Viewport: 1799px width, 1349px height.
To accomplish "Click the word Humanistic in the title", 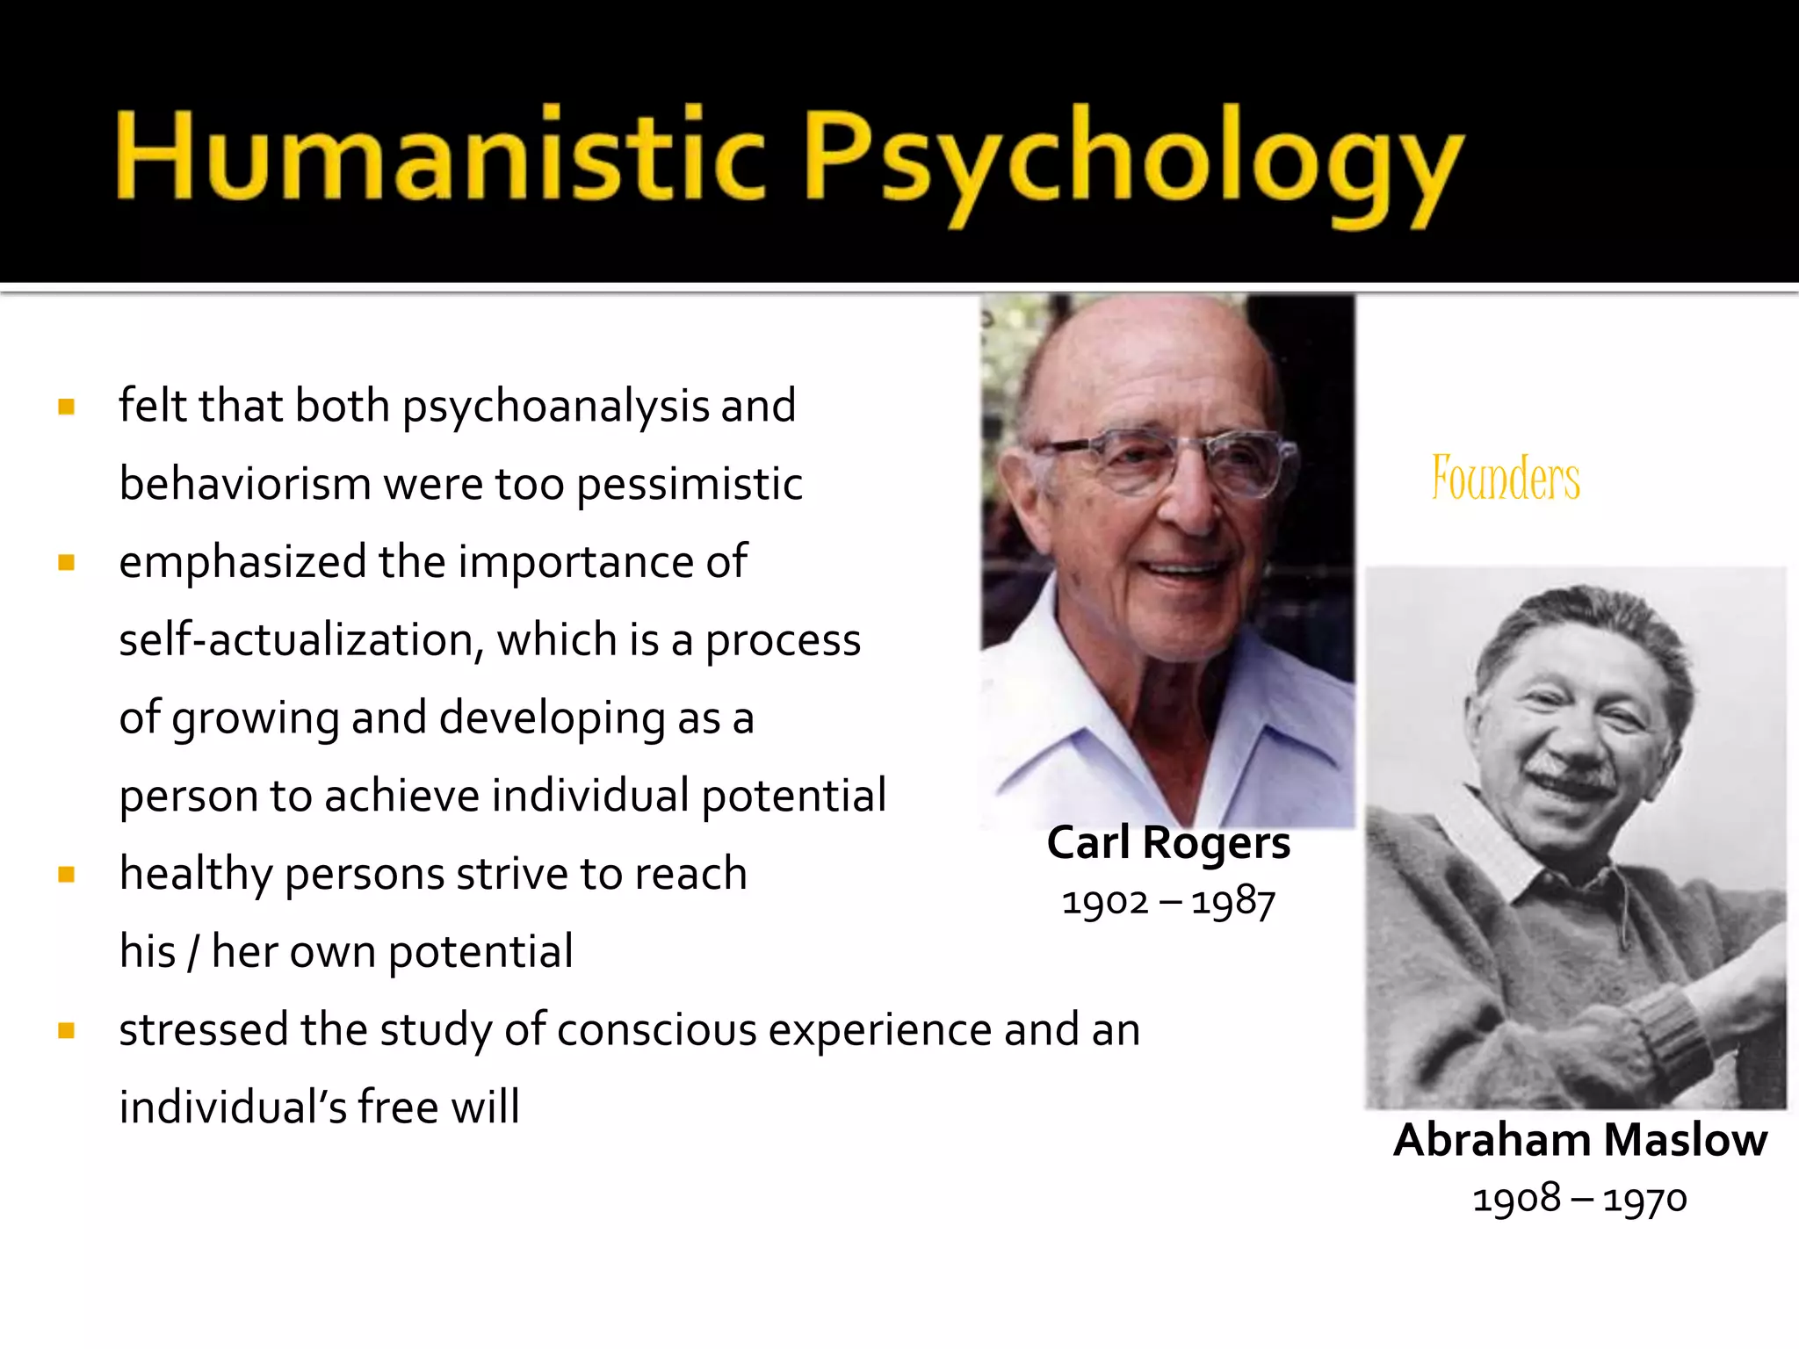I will pyautogui.click(x=439, y=155).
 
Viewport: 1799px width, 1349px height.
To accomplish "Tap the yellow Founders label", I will pyautogui.click(x=1506, y=479).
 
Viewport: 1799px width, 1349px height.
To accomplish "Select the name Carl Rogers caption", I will pyautogui.click(x=1168, y=843).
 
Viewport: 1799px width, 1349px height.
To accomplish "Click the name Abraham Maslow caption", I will pyautogui.click(x=1579, y=1140).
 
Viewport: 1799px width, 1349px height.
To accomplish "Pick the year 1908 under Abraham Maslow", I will pyautogui.click(x=1516, y=1199).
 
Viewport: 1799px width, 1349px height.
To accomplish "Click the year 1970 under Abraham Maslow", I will pyautogui.click(x=1644, y=1199).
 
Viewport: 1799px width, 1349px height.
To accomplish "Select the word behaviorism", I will pyautogui.click(x=245, y=484).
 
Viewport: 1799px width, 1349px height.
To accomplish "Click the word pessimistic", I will pyautogui.click(x=690, y=485).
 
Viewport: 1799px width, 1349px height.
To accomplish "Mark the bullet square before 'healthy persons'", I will pyautogui.click(x=67, y=875).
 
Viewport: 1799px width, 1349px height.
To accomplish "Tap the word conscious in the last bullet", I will pyautogui.click(x=656, y=1030).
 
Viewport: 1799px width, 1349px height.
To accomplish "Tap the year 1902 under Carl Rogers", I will pyautogui.click(x=1104, y=902).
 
